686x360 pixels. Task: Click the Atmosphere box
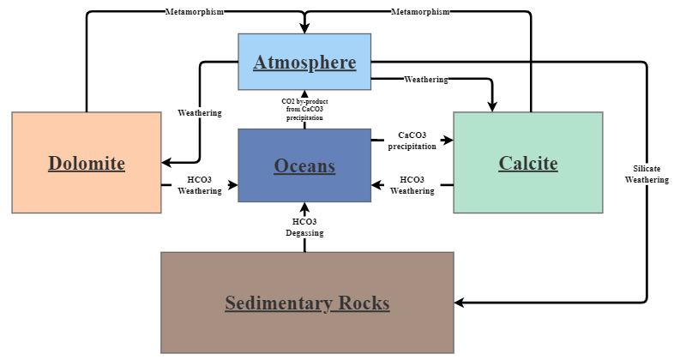click(x=304, y=62)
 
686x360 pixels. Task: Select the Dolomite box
click(x=87, y=163)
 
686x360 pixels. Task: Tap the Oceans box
click(x=304, y=165)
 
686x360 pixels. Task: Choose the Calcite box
click(x=528, y=163)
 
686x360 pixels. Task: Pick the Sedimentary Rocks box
click(x=307, y=303)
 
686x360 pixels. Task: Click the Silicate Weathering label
click(x=641, y=174)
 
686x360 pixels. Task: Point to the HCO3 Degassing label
click(x=305, y=227)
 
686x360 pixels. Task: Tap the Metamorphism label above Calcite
click(x=420, y=11)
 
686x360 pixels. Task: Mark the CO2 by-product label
click(x=304, y=110)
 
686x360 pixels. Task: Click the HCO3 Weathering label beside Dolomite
click(x=199, y=185)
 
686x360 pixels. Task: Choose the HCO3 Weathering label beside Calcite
click(x=412, y=185)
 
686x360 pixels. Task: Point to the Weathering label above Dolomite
click(x=199, y=113)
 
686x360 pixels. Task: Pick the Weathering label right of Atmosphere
click(x=425, y=80)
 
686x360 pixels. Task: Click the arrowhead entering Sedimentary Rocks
click(x=460, y=303)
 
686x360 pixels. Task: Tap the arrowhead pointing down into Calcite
click(x=493, y=106)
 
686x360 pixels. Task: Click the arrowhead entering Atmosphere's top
click(x=304, y=28)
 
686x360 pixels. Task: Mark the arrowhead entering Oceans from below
click(x=305, y=207)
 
